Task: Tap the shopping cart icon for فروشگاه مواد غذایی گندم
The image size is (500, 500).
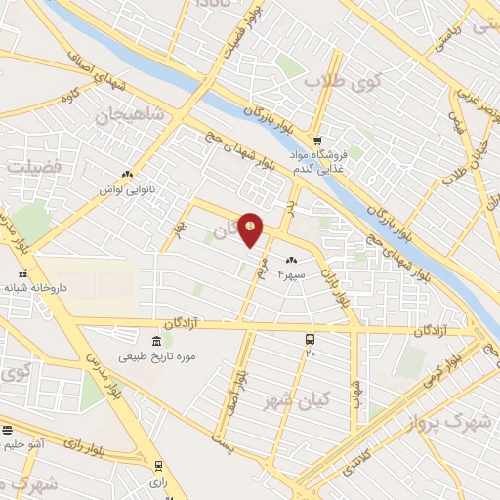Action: (x=317, y=139)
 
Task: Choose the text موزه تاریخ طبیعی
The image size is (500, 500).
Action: (x=158, y=356)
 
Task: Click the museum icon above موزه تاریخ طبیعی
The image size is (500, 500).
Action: (x=157, y=340)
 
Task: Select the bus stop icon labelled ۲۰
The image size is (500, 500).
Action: (x=310, y=339)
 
